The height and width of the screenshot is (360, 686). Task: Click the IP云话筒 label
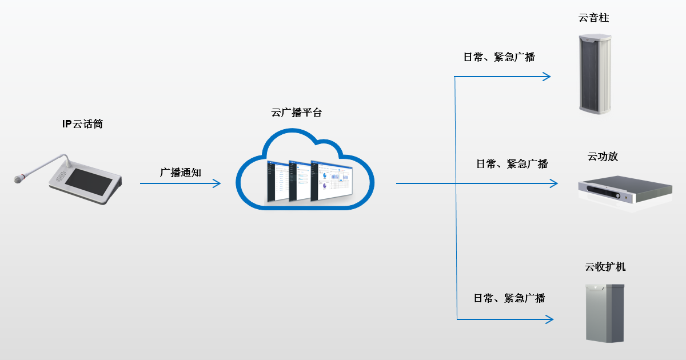[x=83, y=124]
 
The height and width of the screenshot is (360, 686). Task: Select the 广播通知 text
[x=181, y=172]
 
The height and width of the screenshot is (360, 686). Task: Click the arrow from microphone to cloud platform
[x=180, y=183]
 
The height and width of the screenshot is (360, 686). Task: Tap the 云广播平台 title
[x=297, y=113]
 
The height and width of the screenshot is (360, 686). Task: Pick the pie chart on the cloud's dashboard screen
[x=324, y=185]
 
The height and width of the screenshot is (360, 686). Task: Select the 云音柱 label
[x=594, y=18]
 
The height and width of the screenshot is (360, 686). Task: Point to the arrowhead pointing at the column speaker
[x=547, y=77]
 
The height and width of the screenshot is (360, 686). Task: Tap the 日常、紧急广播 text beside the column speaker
[x=499, y=57]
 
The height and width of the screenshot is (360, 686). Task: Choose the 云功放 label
[x=603, y=157]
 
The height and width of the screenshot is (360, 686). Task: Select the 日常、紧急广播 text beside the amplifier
[x=512, y=164]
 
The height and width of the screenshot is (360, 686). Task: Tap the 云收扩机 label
[x=605, y=267]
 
